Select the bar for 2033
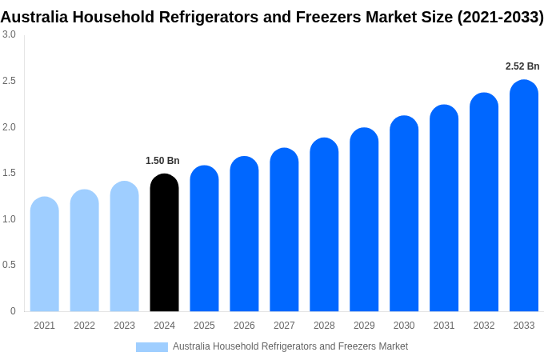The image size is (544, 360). point(524,196)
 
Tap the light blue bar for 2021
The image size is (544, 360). point(45,254)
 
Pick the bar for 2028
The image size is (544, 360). point(324,225)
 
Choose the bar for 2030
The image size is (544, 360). point(404,214)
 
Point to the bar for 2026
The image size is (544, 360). point(244,234)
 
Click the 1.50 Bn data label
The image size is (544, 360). point(162,161)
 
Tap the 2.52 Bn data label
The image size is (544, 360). point(522,66)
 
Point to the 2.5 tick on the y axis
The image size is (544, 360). point(9,81)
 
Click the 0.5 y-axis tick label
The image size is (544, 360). point(9,265)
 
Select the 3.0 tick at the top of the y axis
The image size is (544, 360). point(9,34)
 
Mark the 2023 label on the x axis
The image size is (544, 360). point(124,326)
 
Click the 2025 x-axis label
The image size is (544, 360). point(204,326)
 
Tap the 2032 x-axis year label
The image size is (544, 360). point(484,326)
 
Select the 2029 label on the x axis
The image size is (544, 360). point(364,326)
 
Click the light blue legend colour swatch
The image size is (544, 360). point(152,347)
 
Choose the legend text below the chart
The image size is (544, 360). point(290,346)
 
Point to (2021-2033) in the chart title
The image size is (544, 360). point(500,17)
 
